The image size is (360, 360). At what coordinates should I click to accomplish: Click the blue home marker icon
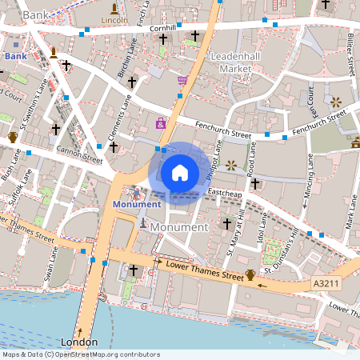180,172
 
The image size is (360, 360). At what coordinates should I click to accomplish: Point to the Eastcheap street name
226,193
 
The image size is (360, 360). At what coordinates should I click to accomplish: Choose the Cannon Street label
79,154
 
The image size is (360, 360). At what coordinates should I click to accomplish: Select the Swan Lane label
52,265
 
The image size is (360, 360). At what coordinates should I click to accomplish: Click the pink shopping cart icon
182,80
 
